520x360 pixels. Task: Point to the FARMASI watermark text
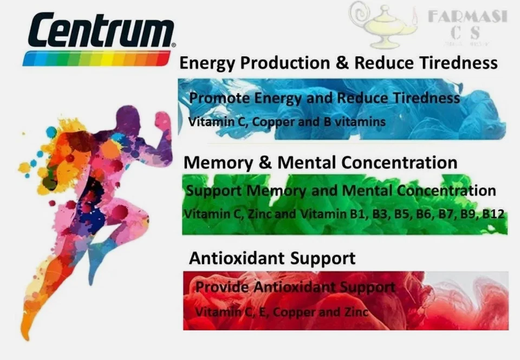pos(467,16)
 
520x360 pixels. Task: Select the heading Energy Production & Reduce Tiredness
pos(338,63)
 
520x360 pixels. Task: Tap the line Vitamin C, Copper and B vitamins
pos(287,122)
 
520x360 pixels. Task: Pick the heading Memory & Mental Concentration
pos(320,162)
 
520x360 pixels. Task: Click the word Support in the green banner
pos(214,191)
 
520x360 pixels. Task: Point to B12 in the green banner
pos(493,214)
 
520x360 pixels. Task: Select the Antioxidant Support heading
pos(272,258)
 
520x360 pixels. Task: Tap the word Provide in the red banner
pos(217,287)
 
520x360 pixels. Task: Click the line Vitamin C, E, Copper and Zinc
pos(282,312)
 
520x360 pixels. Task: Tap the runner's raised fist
pos(162,120)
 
